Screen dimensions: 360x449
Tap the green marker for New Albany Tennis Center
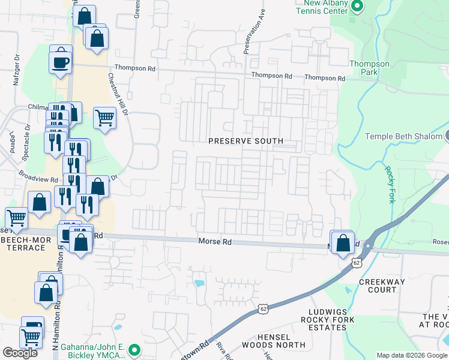[358, 7]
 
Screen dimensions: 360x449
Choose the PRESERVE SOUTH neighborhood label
[246, 142]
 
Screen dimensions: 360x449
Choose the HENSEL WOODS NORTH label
[273, 341]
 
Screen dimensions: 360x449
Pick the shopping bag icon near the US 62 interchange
[343, 244]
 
